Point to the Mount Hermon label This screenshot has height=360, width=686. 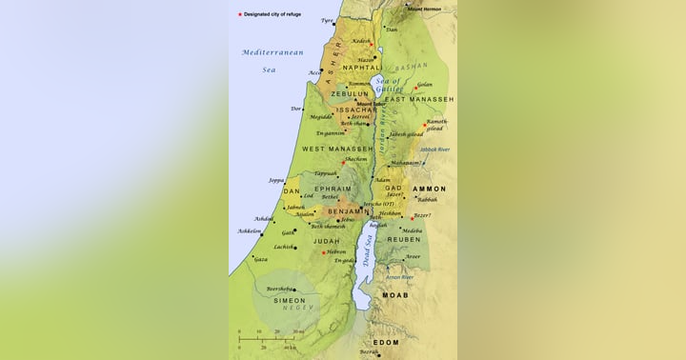pos(425,9)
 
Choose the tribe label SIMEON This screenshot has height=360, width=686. pos(290,300)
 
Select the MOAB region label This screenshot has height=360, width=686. pos(394,295)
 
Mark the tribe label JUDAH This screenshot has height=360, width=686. pos(326,241)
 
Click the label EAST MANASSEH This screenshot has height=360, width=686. pos(419,99)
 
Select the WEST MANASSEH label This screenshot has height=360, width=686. pos(337,150)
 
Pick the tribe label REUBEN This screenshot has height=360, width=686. pos(418,240)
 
